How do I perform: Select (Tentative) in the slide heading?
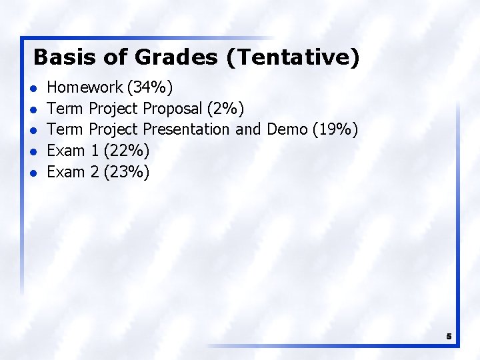(x=293, y=57)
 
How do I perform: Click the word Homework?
(x=85, y=87)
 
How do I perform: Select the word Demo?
(x=286, y=129)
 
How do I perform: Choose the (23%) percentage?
(x=127, y=172)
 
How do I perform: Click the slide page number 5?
(x=449, y=337)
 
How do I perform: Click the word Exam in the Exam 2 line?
(x=66, y=172)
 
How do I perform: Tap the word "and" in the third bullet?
(x=249, y=129)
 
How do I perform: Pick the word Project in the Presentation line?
(x=113, y=129)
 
